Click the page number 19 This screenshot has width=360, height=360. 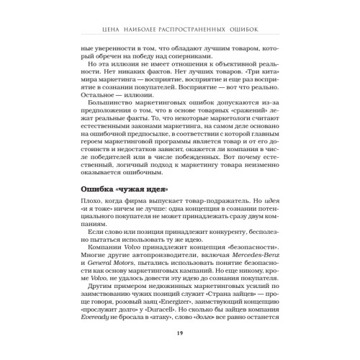179,333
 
